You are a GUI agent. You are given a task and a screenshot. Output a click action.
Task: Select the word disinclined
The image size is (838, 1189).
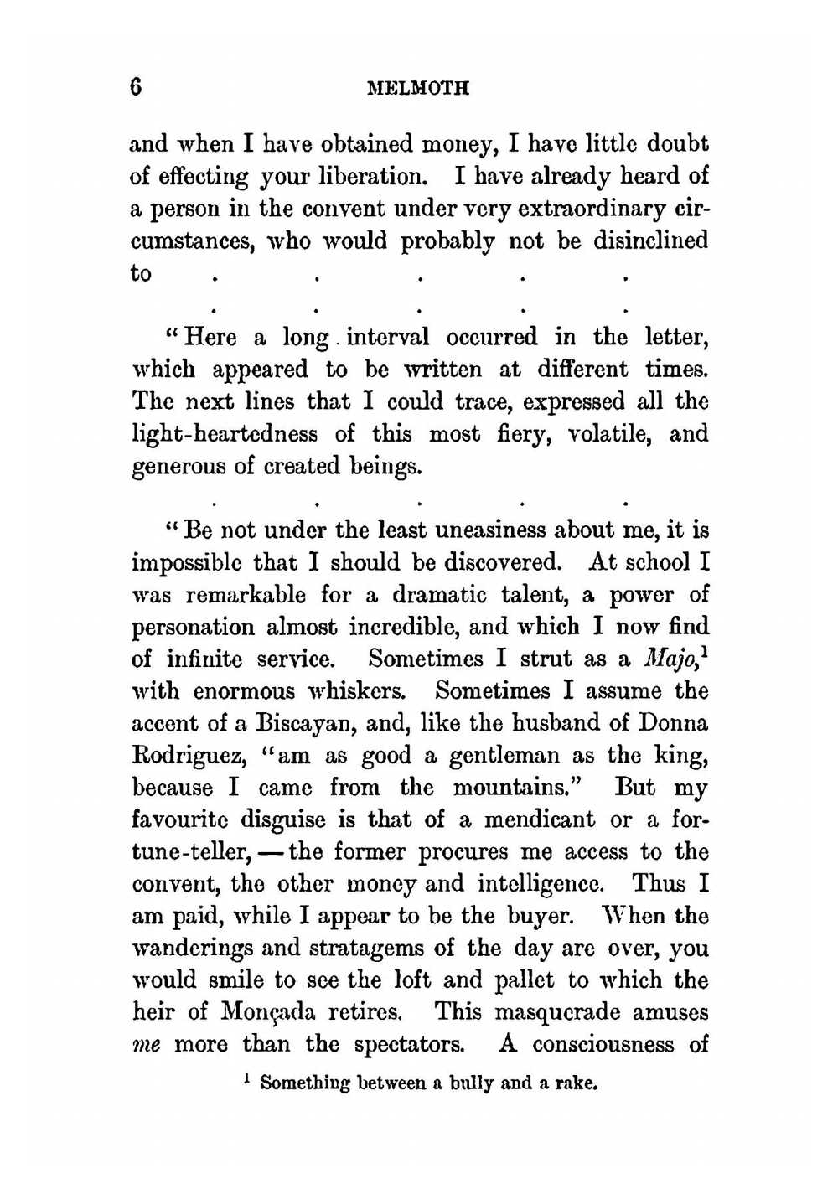650,241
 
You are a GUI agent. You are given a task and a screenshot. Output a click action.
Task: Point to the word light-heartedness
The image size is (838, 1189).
225,434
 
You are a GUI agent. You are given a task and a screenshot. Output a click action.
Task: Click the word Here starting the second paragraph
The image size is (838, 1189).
210,338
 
